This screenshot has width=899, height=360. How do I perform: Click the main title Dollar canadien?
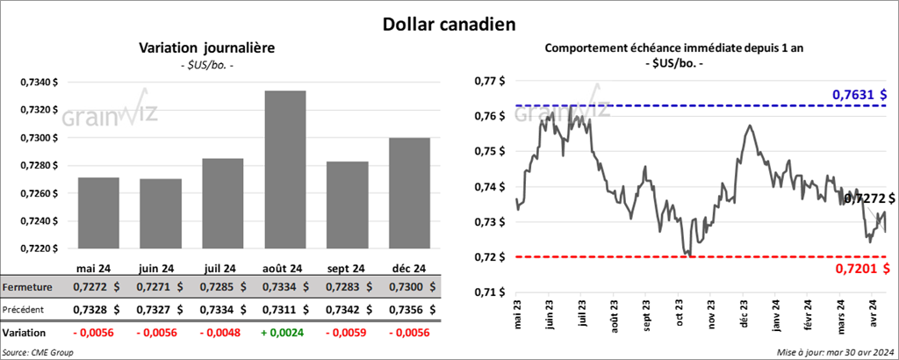click(449, 24)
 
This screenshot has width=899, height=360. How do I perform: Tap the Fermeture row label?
click(29, 287)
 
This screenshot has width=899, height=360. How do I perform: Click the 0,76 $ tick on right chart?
click(489, 116)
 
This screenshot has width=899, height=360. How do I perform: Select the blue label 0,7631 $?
click(859, 94)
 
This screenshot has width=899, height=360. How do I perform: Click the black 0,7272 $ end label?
click(869, 199)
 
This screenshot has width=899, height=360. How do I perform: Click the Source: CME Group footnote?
click(39, 352)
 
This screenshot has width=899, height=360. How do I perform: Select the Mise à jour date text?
click(834, 352)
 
